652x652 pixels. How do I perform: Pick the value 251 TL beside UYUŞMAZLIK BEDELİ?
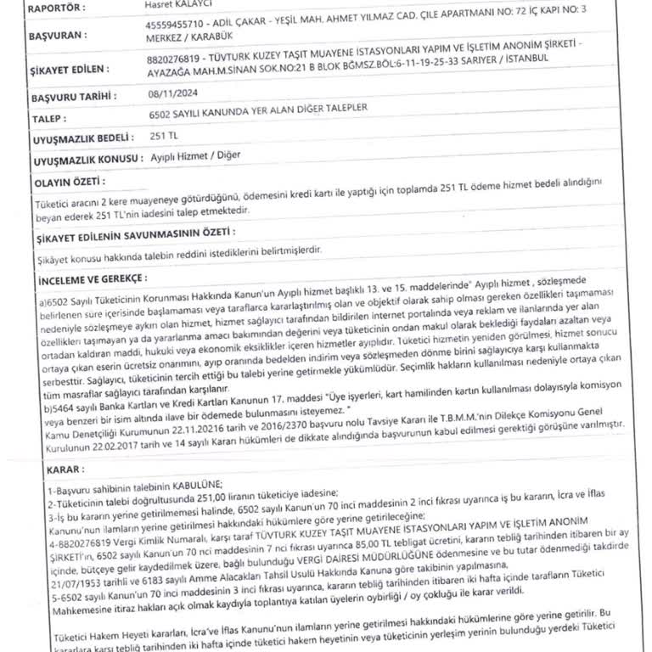click(x=164, y=135)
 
